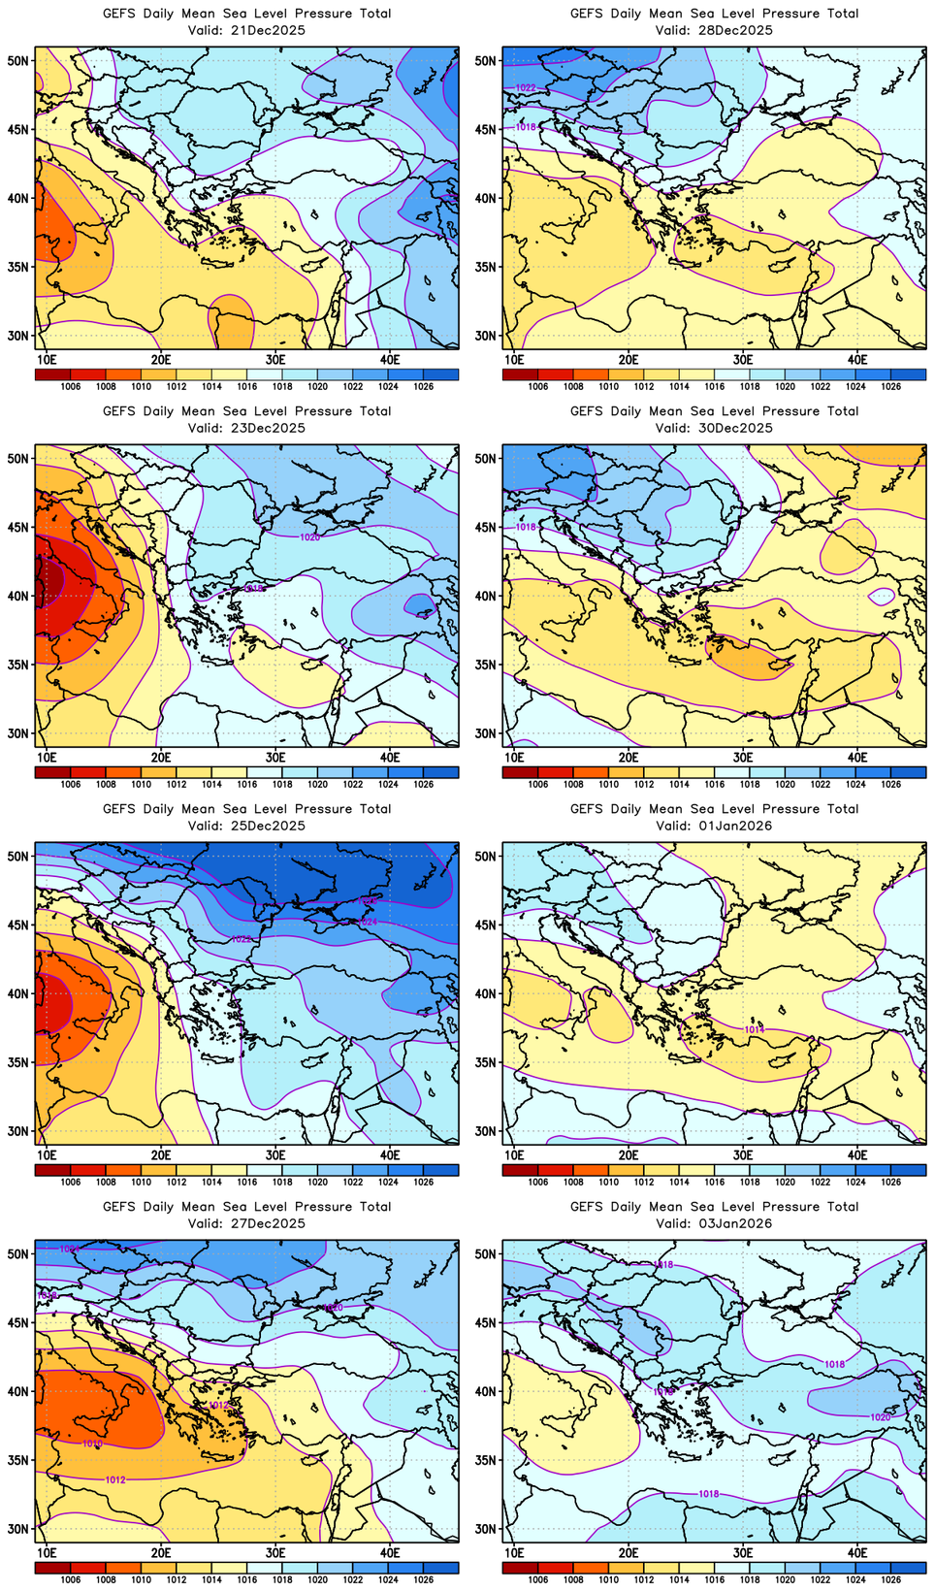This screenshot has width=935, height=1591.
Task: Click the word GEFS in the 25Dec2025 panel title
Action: (x=119, y=809)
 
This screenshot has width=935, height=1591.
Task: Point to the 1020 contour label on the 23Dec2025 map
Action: (x=309, y=536)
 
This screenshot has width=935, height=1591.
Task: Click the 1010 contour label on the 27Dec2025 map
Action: (x=92, y=1444)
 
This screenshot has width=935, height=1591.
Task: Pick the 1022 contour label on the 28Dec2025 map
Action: (x=525, y=87)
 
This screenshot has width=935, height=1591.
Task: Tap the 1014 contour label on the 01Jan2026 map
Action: (x=754, y=1029)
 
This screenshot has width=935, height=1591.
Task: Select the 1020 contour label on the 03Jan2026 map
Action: (x=880, y=1417)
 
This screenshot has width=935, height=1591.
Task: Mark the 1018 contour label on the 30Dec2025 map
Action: (x=525, y=527)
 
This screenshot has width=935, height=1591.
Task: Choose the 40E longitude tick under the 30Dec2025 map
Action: (x=857, y=758)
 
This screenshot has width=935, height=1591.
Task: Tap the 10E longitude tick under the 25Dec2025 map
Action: (x=47, y=1155)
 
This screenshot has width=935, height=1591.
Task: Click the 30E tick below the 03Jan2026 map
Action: (x=743, y=1553)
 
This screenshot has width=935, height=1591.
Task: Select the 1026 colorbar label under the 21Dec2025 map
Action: (x=423, y=387)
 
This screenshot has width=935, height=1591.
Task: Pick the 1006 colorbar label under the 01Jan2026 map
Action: (x=538, y=1183)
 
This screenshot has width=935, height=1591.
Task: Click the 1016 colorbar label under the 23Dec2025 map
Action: (x=247, y=785)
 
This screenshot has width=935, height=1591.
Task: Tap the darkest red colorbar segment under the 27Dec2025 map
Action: (x=52, y=1568)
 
